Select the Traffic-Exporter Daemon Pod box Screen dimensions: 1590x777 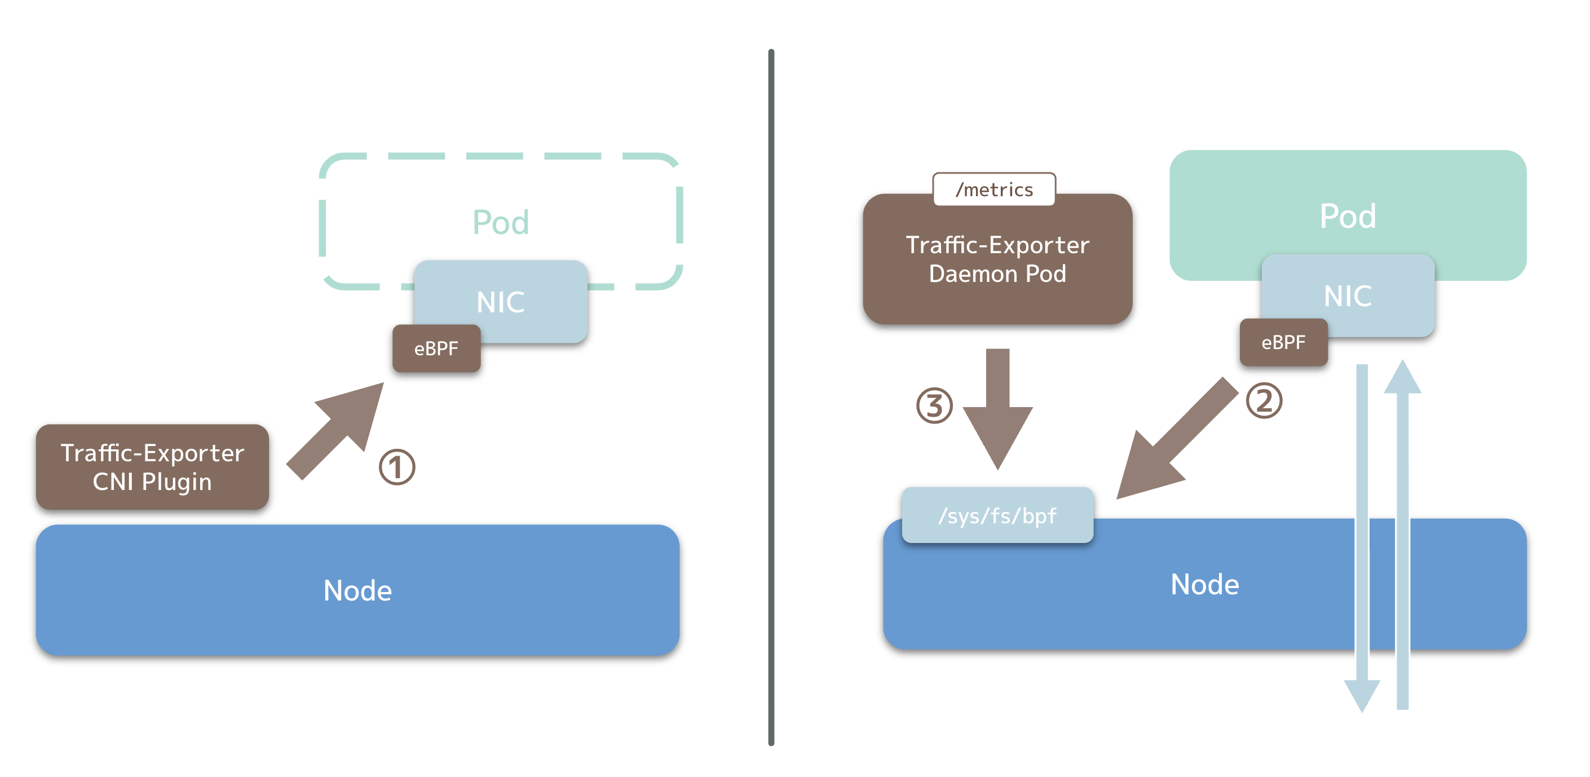(997, 259)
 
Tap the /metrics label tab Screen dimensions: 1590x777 (995, 189)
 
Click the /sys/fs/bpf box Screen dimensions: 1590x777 (997, 515)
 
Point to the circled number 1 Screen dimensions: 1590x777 (397, 467)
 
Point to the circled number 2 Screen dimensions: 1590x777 (1264, 400)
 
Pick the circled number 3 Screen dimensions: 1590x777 (934, 405)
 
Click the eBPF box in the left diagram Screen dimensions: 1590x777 (436, 348)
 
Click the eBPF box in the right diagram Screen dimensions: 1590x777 (1284, 342)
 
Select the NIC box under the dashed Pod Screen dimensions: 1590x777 (501, 301)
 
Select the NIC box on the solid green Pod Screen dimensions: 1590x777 (1348, 295)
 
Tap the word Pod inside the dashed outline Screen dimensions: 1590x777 (501, 222)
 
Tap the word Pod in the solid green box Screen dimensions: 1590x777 (1348, 215)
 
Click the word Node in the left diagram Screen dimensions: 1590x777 (358, 590)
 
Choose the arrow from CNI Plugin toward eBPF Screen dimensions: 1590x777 (335, 431)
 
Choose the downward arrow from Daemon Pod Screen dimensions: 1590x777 (997, 409)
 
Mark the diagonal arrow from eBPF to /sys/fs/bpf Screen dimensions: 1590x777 (1178, 438)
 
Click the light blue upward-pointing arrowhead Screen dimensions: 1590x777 (1402, 377)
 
